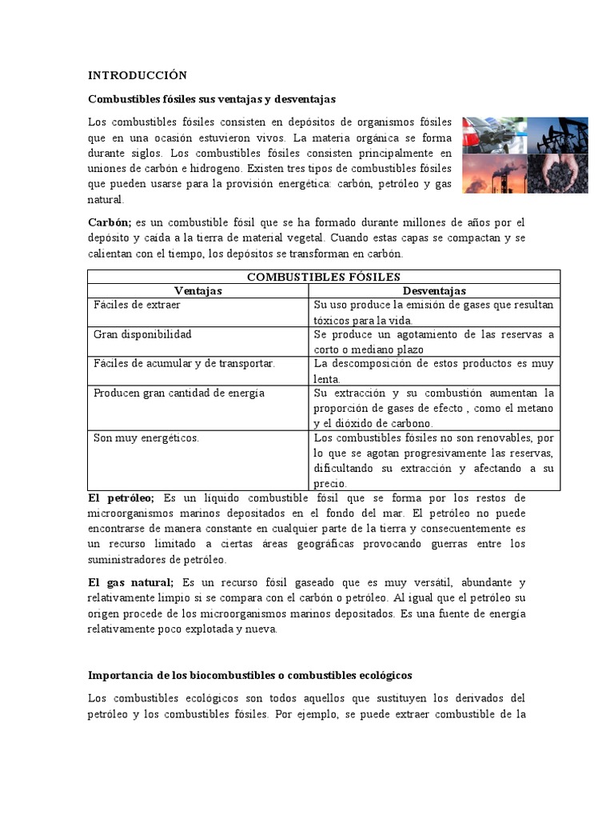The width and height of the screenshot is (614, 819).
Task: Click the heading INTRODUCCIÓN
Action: click(x=137, y=75)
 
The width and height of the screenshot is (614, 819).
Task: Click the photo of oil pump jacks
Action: click(x=558, y=134)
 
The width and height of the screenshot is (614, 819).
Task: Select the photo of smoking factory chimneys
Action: click(x=494, y=174)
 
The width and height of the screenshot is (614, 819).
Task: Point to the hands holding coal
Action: click(x=558, y=174)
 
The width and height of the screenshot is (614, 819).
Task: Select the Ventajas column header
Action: click(x=197, y=291)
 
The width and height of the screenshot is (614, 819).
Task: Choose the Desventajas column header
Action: click(x=434, y=291)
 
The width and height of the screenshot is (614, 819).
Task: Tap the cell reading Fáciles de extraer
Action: click(x=137, y=306)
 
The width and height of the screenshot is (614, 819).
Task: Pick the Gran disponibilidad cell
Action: click(x=142, y=334)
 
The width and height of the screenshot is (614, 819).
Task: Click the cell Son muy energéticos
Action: click(x=146, y=438)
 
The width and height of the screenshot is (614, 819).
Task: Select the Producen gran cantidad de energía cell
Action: click(x=178, y=394)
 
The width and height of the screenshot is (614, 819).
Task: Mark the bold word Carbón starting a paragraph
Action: click(x=110, y=222)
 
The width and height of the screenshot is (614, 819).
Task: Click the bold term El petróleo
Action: click(x=121, y=498)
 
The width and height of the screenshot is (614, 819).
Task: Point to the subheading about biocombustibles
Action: click(x=249, y=676)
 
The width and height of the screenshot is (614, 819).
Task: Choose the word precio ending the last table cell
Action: click(x=330, y=483)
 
